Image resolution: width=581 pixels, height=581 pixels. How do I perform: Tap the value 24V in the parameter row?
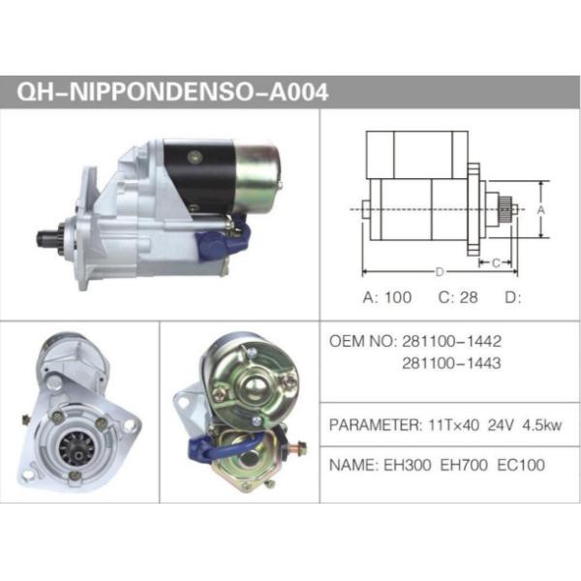pos(501,424)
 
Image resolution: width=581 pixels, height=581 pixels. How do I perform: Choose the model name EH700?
pos(464,465)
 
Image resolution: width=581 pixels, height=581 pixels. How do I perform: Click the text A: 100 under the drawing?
pos(386,297)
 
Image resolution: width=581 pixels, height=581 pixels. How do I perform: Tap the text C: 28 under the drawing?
pos(458,297)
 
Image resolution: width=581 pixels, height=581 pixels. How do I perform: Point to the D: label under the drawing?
pos(513,297)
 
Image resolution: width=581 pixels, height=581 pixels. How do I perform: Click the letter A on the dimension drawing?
pos(541,209)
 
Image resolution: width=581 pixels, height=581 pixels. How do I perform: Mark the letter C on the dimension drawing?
pos(495,262)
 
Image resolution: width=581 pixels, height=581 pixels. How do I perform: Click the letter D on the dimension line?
pos(439,271)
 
